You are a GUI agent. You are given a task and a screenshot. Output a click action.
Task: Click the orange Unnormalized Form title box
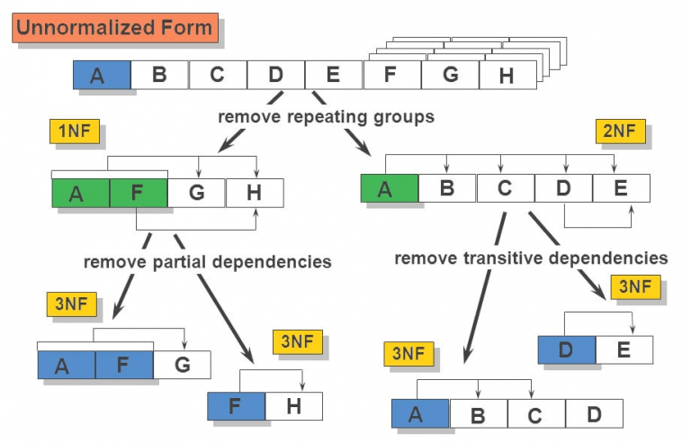point(114,27)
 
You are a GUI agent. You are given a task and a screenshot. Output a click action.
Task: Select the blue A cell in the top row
point(102,75)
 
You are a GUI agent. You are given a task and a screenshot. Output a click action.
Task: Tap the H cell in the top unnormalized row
point(507,76)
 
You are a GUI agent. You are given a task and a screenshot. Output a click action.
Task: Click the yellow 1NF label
point(74,132)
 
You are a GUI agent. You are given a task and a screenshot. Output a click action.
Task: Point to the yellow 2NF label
point(619,131)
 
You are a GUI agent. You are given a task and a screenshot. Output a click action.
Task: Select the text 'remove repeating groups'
point(326,117)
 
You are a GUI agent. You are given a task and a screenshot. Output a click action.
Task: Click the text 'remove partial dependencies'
point(207,262)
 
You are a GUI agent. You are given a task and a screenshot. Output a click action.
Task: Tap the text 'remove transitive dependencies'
point(531,258)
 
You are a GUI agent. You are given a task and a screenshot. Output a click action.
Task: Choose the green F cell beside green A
point(139,193)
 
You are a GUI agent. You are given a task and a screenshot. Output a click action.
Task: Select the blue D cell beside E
point(566,349)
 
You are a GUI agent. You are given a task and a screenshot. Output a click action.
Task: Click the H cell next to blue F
point(293,406)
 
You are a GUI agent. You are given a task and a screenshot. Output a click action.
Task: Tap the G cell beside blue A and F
point(182,365)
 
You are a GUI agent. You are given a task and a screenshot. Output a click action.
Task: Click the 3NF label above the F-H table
point(297,343)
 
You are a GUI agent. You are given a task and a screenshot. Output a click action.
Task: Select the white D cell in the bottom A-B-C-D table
point(594,414)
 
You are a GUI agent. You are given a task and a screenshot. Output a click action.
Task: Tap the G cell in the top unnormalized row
point(450,75)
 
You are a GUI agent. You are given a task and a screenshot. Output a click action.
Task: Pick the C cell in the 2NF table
point(505,188)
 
